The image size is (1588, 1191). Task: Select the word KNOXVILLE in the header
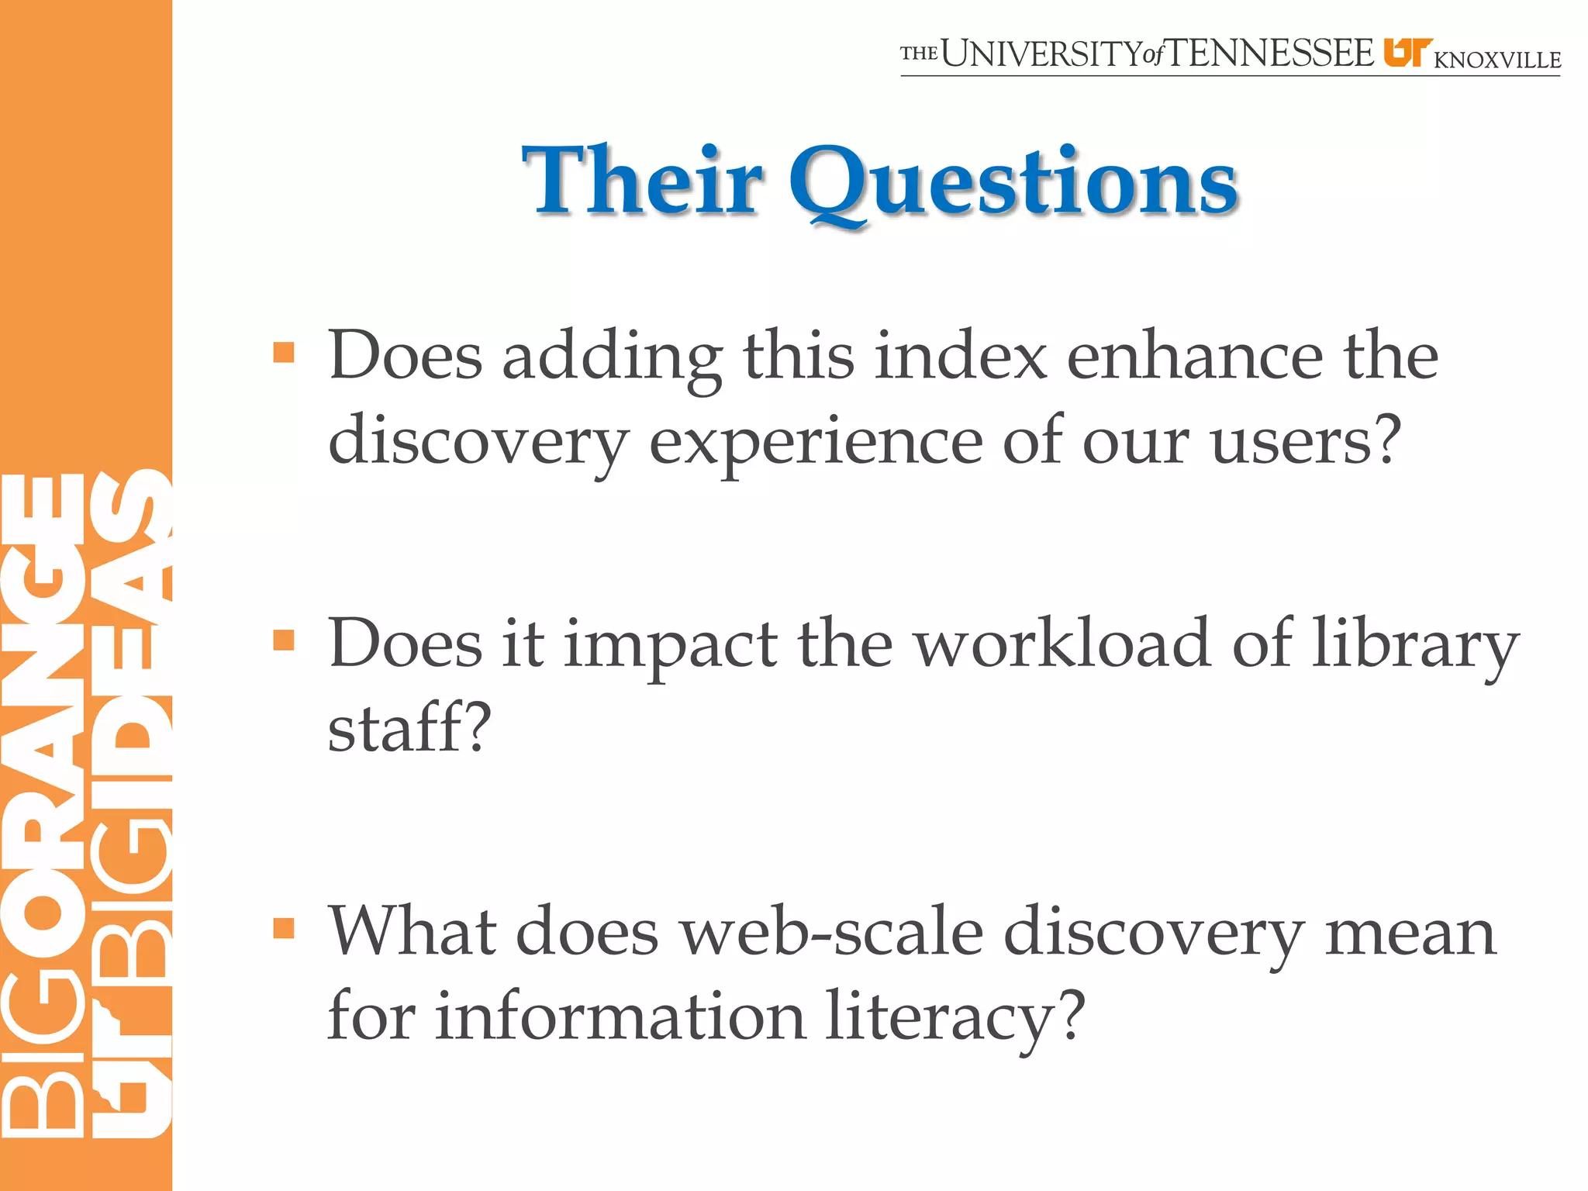click(x=1497, y=60)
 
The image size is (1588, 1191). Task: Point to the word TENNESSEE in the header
click(x=1271, y=54)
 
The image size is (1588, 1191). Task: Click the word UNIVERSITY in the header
click(x=1041, y=54)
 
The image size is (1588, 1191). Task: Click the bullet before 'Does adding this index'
click(x=285, y=353)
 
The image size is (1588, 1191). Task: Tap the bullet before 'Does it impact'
click(x=285, y=640)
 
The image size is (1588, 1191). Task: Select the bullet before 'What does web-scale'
click(x=285, y=927)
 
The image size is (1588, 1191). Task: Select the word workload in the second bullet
click(x=1063, y=644)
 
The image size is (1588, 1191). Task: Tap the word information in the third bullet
click(x=620, y=1016)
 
